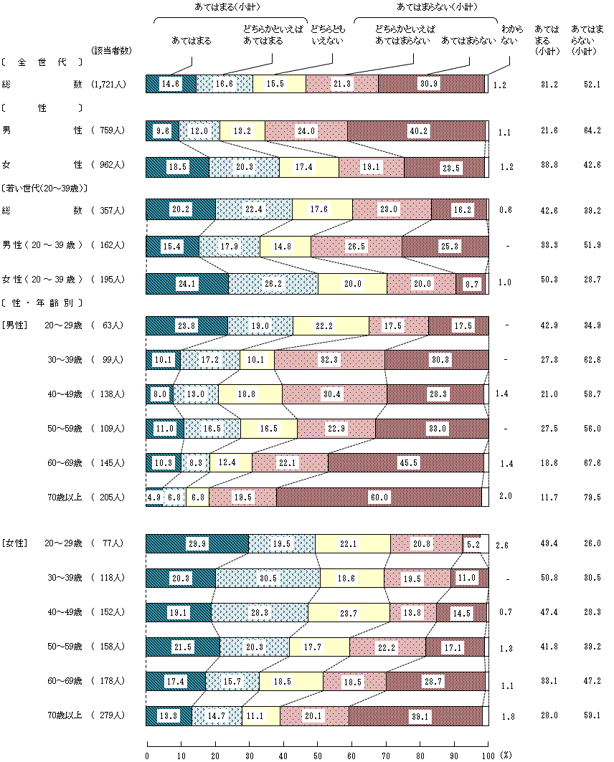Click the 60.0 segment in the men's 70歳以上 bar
point(379,497)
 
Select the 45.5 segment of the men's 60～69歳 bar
point(406,462)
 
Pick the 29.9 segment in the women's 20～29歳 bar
point(197,543)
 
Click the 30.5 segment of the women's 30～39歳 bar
point(268,578)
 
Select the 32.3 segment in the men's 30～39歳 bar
point(329,359)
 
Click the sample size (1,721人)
point(109,85)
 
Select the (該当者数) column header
point(112,50)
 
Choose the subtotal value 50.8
point(549,578)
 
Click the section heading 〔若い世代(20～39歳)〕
point(44,189)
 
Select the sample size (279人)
point(109,715)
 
